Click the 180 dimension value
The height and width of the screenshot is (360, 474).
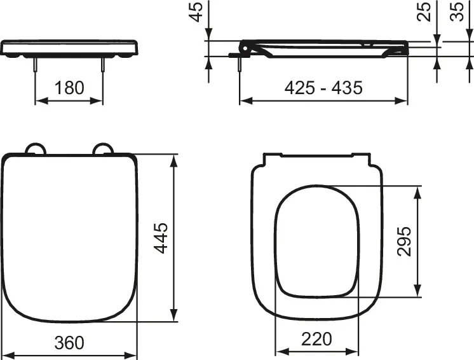69,88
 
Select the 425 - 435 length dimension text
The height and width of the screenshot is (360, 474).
324,88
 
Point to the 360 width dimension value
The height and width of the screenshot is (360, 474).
69,343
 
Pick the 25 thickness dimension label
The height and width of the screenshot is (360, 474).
424,11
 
